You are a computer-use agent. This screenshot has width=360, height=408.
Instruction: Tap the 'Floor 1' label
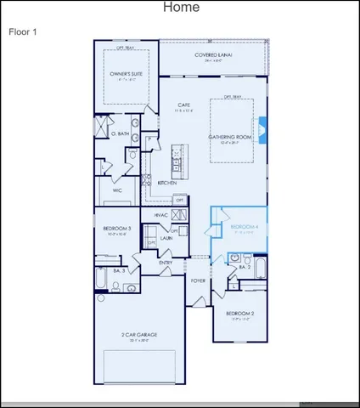22,31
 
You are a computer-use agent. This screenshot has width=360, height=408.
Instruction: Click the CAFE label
183,105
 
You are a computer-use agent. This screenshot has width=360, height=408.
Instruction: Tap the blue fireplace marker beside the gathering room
262,128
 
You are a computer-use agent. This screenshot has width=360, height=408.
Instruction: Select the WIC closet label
118,190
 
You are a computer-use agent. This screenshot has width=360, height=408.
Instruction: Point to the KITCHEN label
166,183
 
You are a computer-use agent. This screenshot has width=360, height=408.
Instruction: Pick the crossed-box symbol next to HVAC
179,215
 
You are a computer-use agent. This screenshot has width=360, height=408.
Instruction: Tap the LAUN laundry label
166,238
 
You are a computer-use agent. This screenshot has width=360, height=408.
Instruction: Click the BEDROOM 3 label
117,228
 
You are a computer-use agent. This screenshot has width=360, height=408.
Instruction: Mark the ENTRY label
166,263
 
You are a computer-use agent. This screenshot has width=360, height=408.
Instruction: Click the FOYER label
198,280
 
